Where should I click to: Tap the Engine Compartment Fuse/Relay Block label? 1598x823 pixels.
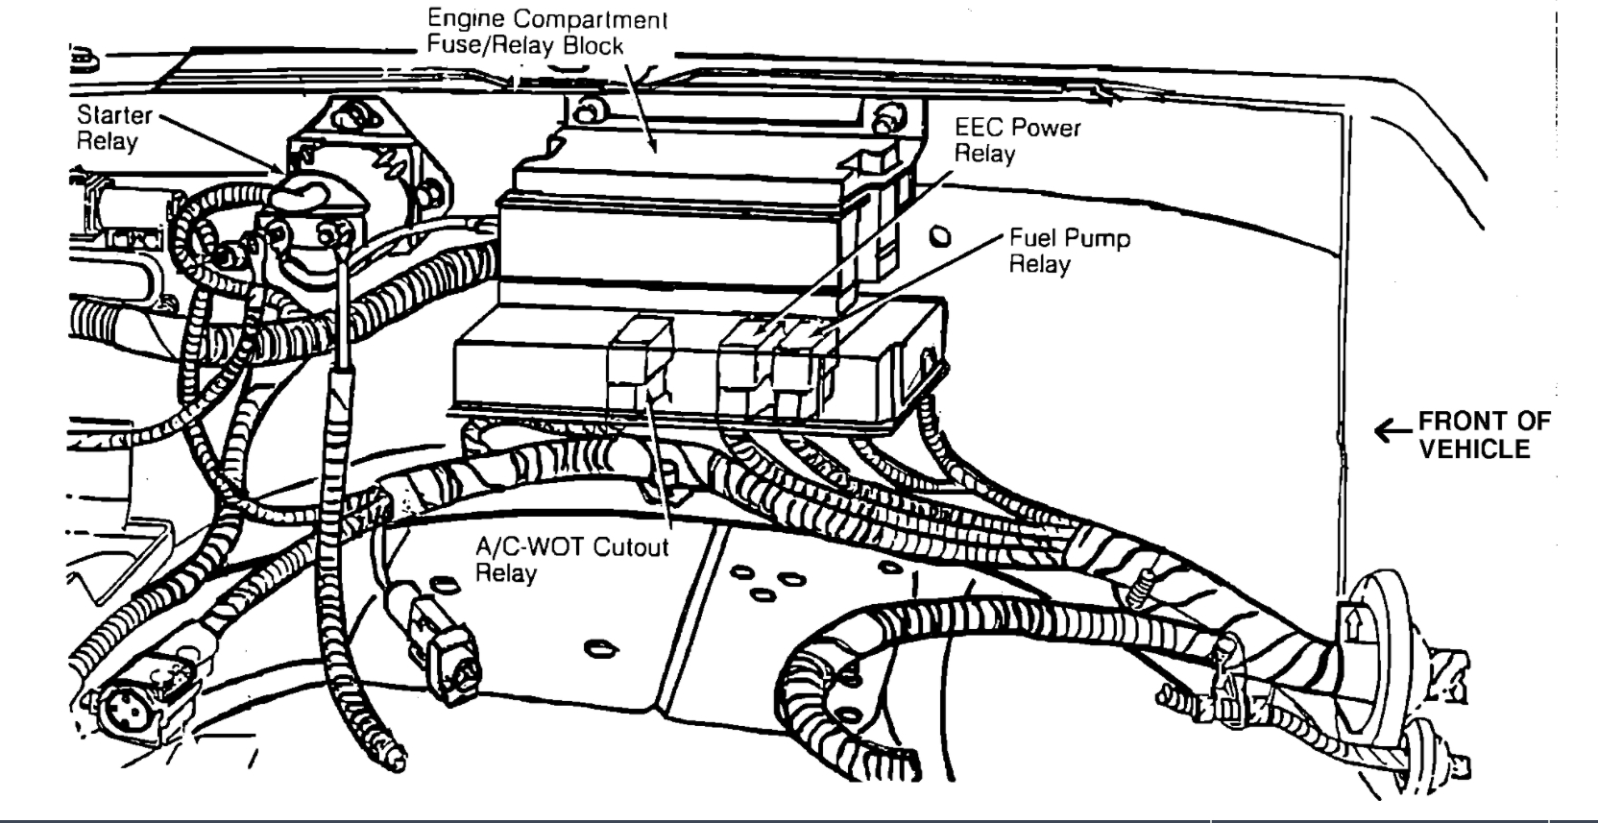pos(545,32)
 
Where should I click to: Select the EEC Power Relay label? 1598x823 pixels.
pos(1016,140)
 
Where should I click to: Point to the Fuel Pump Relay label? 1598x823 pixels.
pos(1068,251)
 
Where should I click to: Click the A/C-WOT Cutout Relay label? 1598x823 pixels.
pos(571,560)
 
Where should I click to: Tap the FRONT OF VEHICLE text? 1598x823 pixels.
pos(1483,435)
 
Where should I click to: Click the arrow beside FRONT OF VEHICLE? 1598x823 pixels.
pos(1392,431)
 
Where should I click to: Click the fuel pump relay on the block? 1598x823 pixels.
pos(799,365)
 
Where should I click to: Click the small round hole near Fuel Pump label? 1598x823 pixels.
pos(941,236)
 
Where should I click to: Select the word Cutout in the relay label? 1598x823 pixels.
pos(631,547)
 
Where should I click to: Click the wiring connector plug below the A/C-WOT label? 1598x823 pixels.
pos(442,643)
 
